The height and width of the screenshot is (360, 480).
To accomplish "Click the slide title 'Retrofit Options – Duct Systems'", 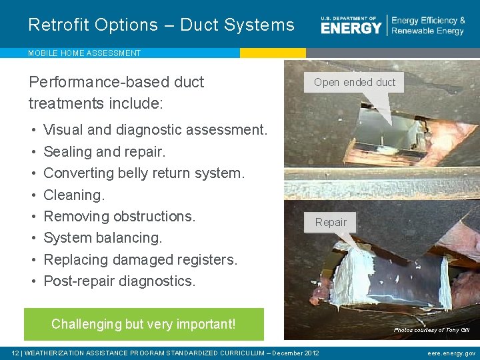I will [161, 25].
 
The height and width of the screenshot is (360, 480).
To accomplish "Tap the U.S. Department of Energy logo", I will [351, 25].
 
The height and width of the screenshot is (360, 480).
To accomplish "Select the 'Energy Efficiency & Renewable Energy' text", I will [428, 26].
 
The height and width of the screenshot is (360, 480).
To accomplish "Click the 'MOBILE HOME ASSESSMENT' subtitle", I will [84, 53].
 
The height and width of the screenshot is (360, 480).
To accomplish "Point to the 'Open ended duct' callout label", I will [354, 83].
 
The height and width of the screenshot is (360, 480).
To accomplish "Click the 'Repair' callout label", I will [331, 222].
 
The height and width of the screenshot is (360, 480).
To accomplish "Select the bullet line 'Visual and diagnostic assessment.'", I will [155, 130].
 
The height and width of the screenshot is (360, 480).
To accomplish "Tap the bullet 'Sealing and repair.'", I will [104, 151].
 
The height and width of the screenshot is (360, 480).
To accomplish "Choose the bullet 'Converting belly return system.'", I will [144, 173].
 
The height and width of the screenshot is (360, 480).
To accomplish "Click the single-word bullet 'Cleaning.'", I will [74, 195].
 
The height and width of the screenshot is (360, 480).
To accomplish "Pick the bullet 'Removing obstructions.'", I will [119, 217].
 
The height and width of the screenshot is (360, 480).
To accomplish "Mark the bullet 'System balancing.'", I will [103, 238].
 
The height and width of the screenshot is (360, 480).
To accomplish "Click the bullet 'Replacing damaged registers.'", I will [140, 259].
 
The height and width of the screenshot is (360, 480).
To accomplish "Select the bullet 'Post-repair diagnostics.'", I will [119, 281].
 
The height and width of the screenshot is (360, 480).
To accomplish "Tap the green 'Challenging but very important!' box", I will [143, 324].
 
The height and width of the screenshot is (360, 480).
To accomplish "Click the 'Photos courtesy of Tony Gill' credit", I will [431, 330].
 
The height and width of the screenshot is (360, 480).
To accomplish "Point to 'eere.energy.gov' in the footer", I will [451, 353].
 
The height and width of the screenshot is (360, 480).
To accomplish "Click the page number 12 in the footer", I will [15, 353].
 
